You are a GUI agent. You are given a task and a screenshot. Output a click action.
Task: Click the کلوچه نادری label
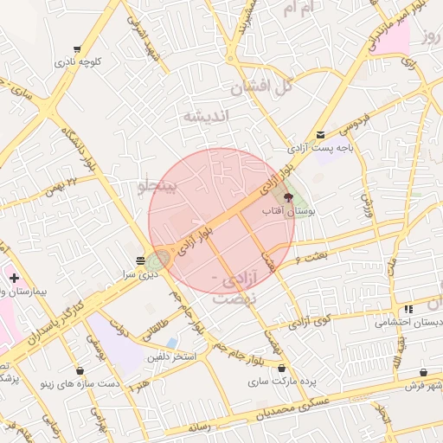pyautogui.click(x=79, y=62)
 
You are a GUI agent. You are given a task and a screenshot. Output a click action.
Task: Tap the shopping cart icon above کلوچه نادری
pyautogui.click(x=78, y=49)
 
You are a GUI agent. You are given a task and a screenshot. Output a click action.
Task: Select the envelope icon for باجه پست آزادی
pyautogui.click(x=321, y=134)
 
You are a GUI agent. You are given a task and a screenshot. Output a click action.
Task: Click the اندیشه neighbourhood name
pyautogui.click(x=205, y=116)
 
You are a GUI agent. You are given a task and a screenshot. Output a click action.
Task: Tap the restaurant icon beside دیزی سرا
pyautogui.click(x=141, y=260)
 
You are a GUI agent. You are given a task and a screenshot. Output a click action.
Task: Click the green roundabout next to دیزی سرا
pyautogui.click(x=158, y=260)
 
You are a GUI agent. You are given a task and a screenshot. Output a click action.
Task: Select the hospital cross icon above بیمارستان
pyautogui.click(x=14, y=278)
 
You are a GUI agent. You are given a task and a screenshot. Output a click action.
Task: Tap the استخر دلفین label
pyautogui.click(x=171, y=356)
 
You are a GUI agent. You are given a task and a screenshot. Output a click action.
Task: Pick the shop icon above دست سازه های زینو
pyautogui.click(x=80, y=370)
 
